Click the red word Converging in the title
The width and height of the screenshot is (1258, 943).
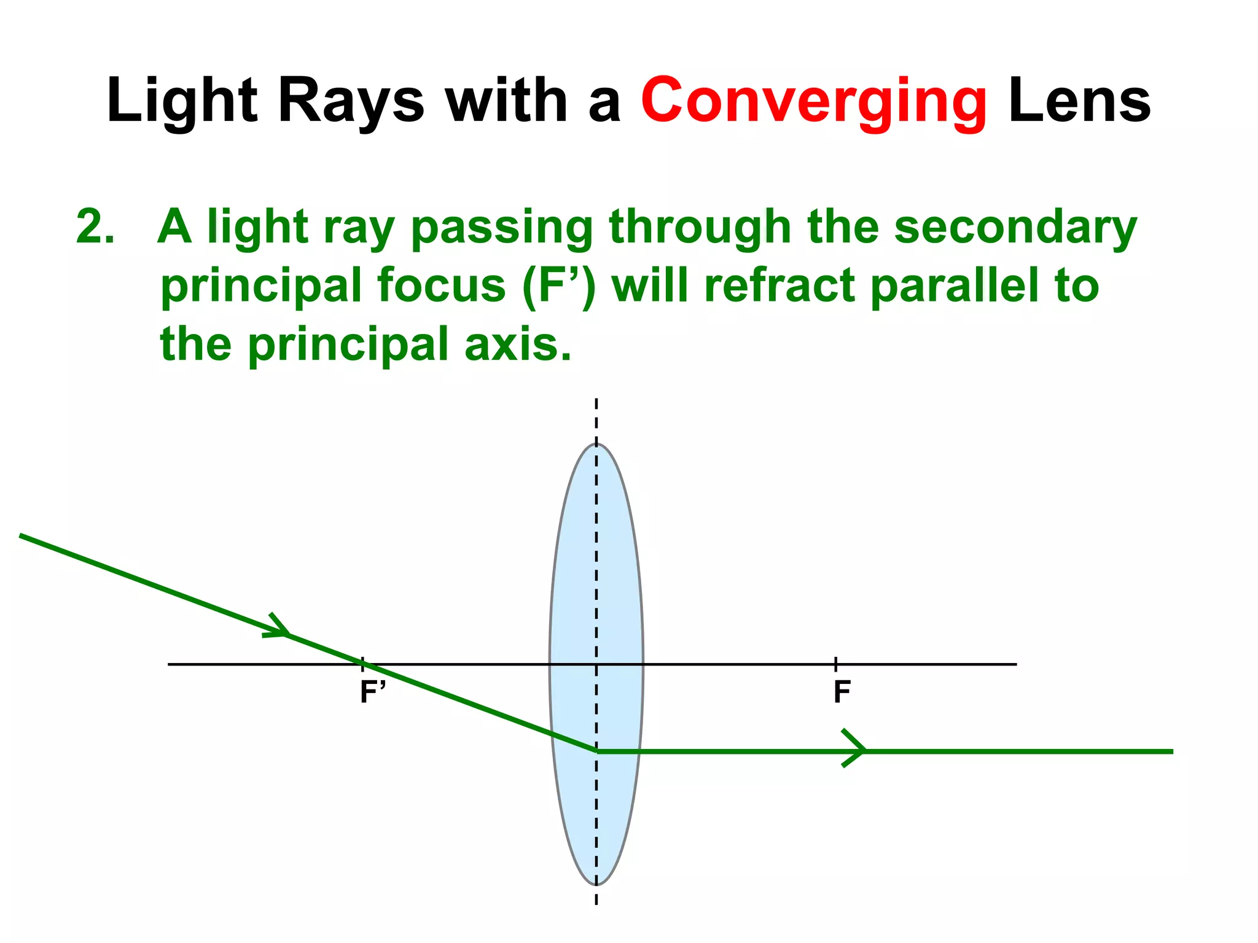(x=813, y=101)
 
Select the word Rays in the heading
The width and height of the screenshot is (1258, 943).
(x=351, y=101)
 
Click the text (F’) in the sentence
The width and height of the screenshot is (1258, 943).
(x=558, y=285)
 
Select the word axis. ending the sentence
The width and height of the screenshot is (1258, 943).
(x=518, y=344)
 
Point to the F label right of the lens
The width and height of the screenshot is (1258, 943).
(x=842, y=692)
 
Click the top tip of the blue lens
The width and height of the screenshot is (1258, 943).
(x=596, y=444)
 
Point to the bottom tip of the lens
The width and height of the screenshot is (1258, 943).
(x=596, y=883)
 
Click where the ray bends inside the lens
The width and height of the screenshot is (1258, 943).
(x=596, y=750)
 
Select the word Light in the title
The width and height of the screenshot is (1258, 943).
(x=182, y=101)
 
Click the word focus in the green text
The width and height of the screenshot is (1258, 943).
(x=441, y=285)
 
